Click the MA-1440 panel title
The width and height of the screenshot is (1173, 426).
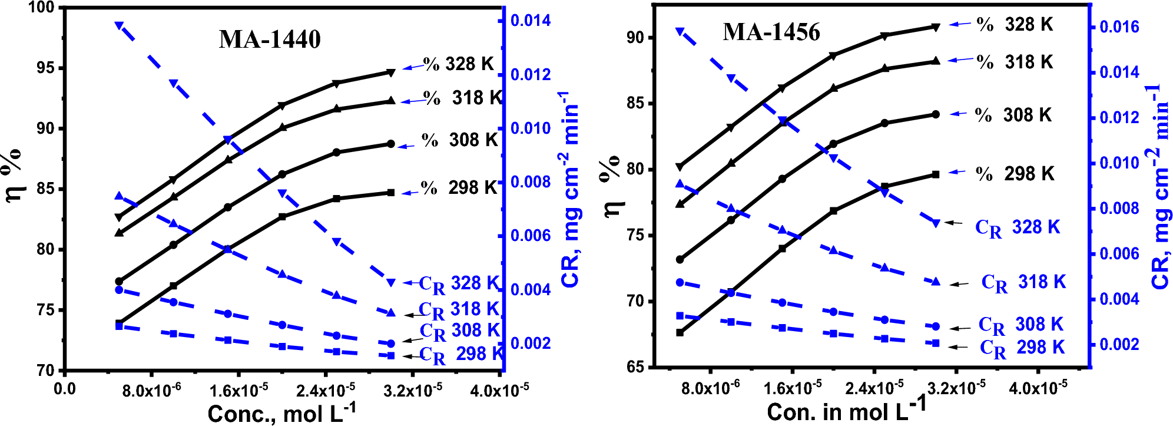point(270,39)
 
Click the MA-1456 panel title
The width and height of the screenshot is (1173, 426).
point(771,32)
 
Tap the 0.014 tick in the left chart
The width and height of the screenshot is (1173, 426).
point(530,21)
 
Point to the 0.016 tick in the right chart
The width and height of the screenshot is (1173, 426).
point(1119,27)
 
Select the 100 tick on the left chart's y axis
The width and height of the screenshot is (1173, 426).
point(41,8)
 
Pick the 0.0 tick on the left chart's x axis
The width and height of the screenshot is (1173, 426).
point(64,389)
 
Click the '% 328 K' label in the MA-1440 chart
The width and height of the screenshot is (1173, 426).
point(458,64)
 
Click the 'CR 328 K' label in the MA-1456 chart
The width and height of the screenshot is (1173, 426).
point(1017,227)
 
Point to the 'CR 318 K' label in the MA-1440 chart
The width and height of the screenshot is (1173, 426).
point(459,309)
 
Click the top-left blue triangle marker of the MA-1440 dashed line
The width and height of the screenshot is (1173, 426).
point(119,25)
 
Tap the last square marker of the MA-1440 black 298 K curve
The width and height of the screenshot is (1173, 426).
point(391,193)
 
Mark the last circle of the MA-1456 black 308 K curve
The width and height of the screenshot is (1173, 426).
point(936,114)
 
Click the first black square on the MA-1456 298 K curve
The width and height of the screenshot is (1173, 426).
point(680,332)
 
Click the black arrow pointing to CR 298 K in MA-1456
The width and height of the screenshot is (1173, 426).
point(958,347)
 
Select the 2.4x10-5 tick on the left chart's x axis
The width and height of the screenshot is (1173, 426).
point(326,390)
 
